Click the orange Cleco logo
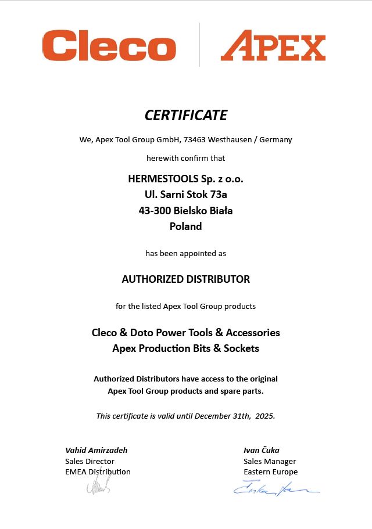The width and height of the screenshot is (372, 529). click(109, 46)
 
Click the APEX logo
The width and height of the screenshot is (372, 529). click(273, 46)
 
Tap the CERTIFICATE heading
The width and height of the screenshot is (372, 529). click(186, 115)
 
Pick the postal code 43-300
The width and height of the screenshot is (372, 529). click(155, 210)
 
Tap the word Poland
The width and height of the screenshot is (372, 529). click(186, 226)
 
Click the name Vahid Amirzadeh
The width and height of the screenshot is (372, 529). click(96, 450)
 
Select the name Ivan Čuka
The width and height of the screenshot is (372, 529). click(262, 450)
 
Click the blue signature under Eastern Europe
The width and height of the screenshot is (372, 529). click(276, 489)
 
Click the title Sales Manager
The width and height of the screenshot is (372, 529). click(270, 461)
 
